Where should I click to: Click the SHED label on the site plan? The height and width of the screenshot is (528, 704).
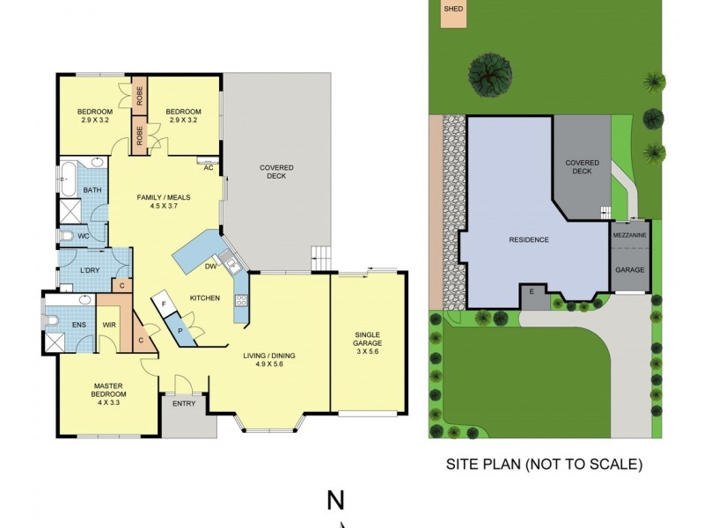[453, 10]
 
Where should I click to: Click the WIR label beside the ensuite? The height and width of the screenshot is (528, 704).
[109, 325]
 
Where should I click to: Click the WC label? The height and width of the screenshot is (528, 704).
[84, 236]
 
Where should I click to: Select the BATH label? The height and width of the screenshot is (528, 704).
[92, 190]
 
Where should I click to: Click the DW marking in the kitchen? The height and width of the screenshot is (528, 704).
[210, 266]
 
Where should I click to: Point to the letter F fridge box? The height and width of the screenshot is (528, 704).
[164, 304]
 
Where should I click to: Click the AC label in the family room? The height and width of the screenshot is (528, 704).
[209, 168]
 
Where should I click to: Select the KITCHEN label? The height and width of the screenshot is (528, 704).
[205, 298]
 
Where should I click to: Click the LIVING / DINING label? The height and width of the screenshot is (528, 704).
[269, 360]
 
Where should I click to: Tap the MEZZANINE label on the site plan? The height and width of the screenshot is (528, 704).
[629, 236]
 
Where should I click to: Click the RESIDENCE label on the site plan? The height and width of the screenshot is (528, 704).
[529, 239]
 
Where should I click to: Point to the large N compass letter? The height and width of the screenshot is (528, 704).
[335, 501]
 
